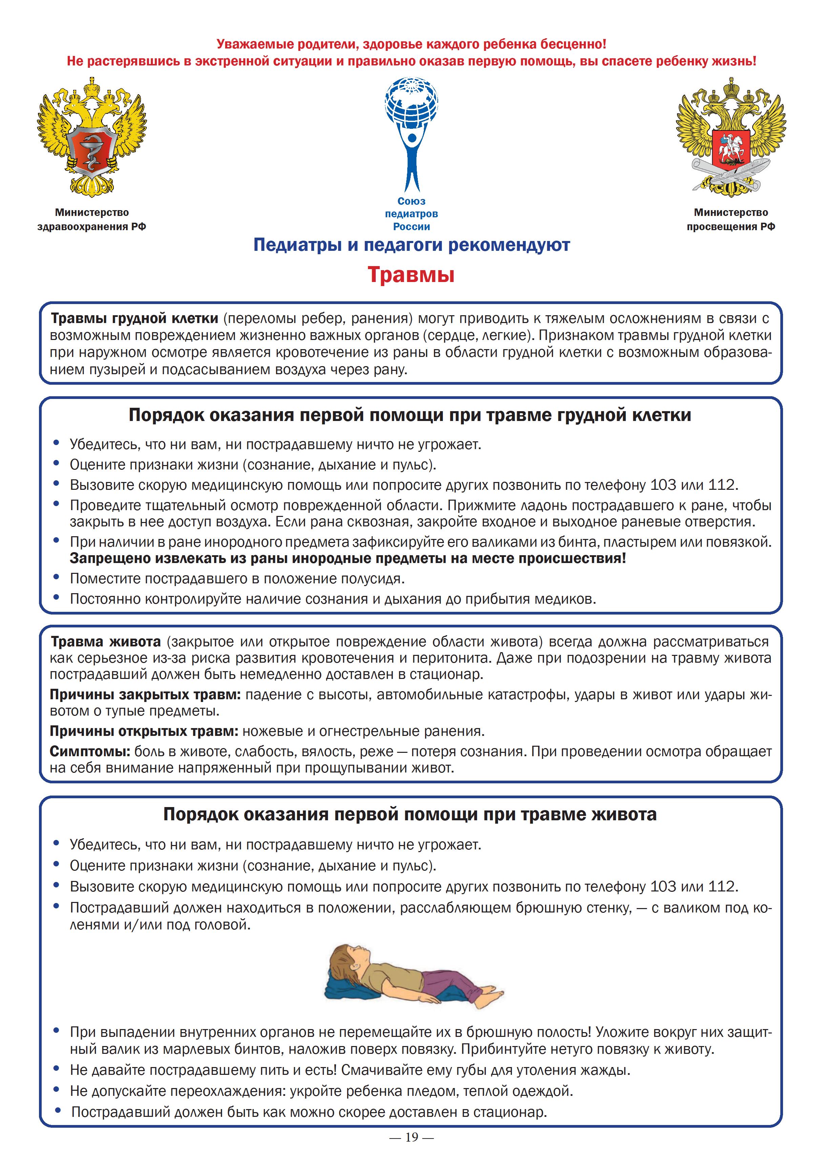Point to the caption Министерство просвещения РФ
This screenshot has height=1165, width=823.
[x=731, y=220]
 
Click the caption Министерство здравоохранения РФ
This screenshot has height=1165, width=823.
[x=92, y=220]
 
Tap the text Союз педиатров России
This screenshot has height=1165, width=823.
[x=411, y=214]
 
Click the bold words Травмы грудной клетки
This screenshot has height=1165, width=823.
[x=135, y=319]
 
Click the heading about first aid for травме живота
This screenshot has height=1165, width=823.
[x=410, y=815]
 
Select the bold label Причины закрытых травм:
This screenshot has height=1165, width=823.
[x=146, y=694]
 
